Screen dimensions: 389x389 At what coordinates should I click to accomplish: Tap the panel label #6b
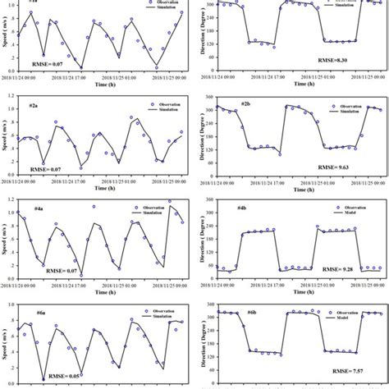pyautogui.click(x=248, y=313)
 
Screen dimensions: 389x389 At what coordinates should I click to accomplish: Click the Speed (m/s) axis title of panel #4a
pyautogui.click(x=7, y=238)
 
